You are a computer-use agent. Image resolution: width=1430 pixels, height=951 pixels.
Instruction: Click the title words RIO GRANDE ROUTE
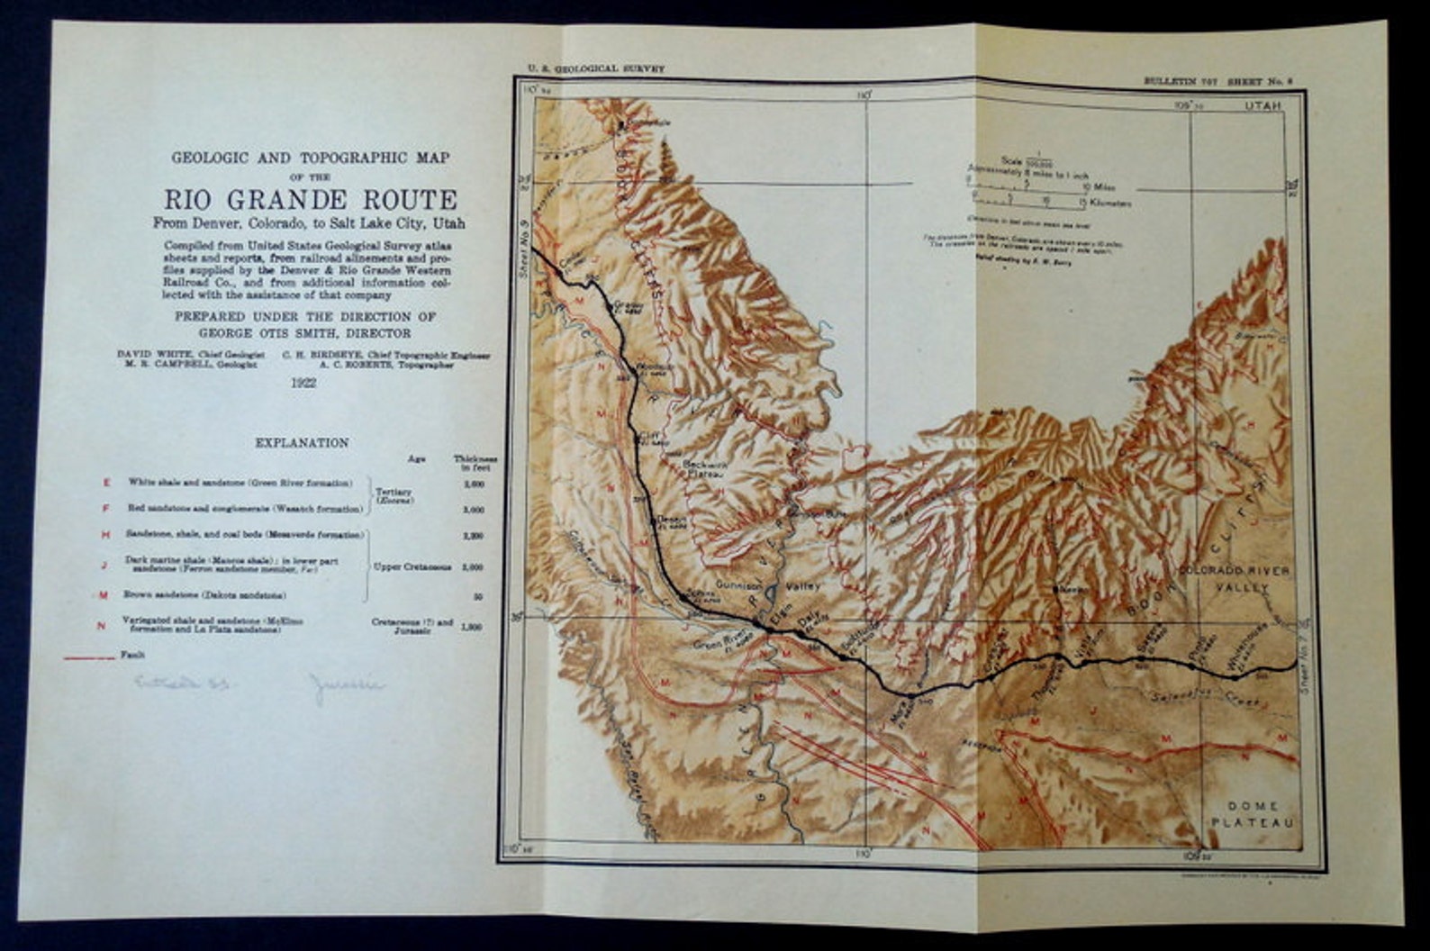click(310, 199)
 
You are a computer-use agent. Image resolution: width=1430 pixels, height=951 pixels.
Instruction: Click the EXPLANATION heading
click(302, 443)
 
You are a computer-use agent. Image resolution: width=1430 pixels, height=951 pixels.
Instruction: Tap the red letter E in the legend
click(106, 483)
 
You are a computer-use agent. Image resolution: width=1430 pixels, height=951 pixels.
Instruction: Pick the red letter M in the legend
click(104, 595)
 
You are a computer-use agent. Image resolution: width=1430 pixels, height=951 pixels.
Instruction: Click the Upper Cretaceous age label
click(415, 567)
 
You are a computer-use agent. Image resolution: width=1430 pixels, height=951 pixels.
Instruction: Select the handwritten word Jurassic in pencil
click(346, 685)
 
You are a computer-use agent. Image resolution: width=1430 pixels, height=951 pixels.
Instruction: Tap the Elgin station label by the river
click(781, 608)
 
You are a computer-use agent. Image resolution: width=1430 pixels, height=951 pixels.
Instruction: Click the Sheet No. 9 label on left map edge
click(524, 252)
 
